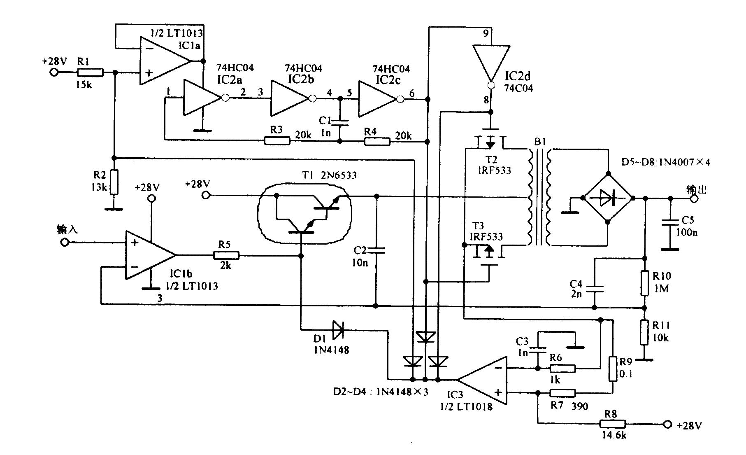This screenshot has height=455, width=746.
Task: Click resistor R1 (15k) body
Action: point(90,72)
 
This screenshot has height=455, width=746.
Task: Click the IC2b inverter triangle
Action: point(289,98)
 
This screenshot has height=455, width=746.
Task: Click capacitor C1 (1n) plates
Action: point(340,122)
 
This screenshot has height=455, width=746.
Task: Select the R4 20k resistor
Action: point(377,142)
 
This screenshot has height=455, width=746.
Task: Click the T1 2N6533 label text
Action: point(329,175)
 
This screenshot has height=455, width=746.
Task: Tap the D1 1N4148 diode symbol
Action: point(338,330)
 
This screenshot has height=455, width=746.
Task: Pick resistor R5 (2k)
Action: point(226,256)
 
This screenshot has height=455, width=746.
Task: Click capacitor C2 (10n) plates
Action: point(376,250)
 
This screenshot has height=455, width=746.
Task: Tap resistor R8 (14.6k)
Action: point(613,425)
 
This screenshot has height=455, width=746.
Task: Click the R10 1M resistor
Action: point(645,283)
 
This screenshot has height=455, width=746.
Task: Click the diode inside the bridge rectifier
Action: point(607,198)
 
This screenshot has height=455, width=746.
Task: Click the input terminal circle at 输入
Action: point(64,242)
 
